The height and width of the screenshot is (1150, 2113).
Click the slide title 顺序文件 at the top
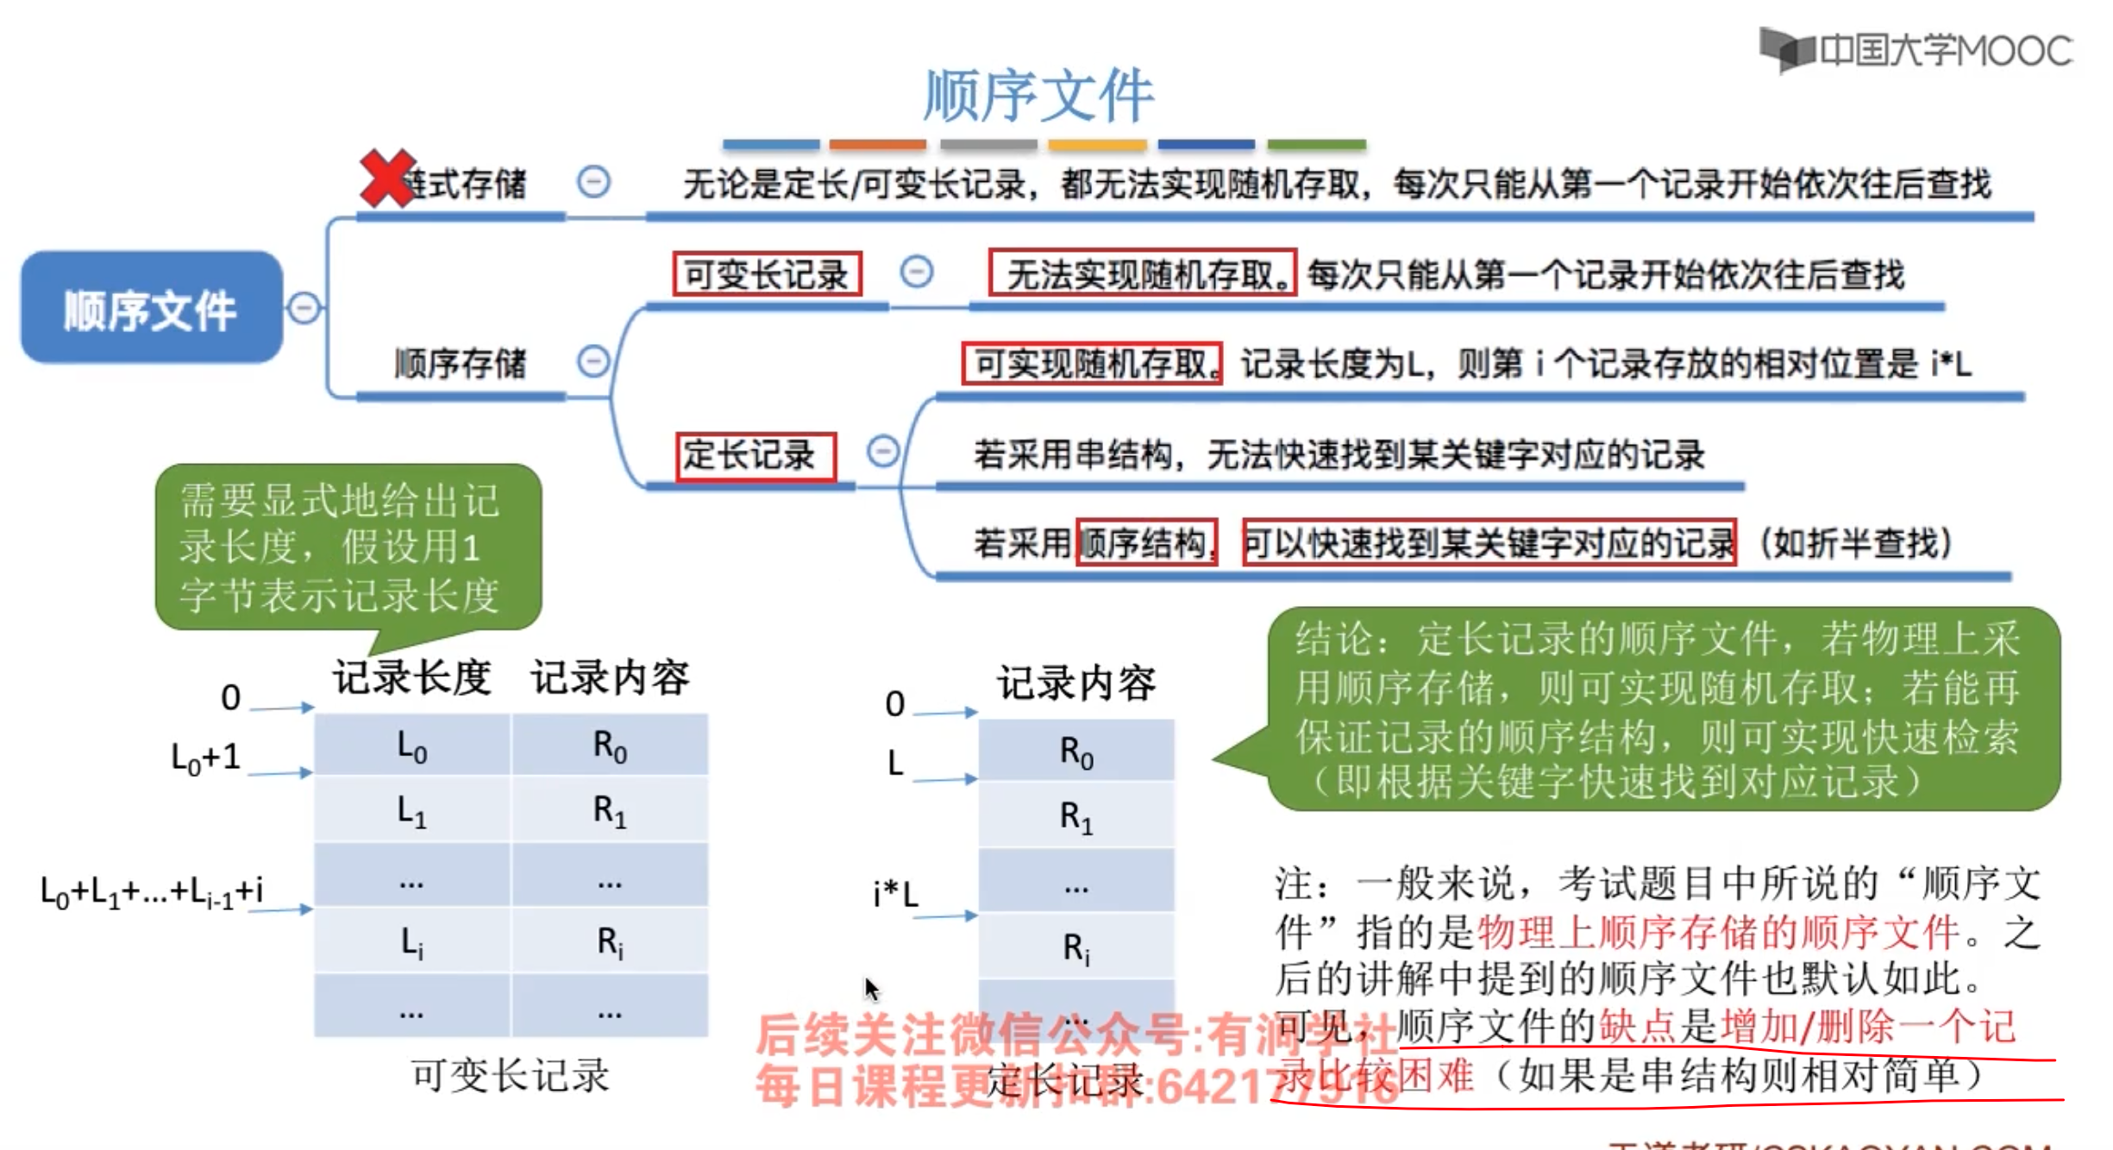tap(1038, 95)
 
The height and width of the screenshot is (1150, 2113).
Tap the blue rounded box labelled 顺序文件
tap(152, 309)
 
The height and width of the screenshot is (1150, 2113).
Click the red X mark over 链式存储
tap(386, 178)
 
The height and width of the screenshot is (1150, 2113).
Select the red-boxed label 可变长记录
tap(767, 274)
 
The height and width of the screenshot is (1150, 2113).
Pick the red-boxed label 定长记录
tap(756, 455)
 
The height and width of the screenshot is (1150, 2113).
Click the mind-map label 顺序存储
tap(460, 363)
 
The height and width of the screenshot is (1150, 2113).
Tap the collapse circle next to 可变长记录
tap(916, 272)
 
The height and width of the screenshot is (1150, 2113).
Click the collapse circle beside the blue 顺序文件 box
tap(304, 308)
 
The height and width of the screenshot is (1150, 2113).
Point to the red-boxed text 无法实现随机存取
tap(1142, 274)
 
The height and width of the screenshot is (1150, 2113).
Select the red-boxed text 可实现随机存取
tap(1092, 364)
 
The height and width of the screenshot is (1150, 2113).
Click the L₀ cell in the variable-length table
tap(412, 746)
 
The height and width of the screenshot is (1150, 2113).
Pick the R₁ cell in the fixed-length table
tap(1076, 816)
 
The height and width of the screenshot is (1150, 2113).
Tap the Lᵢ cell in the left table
tap(412, 942)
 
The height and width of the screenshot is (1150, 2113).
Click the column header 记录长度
tap(412, 678)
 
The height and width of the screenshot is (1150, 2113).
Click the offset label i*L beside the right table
tap(895, 893)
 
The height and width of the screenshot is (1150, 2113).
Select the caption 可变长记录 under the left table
tap(511, 1076)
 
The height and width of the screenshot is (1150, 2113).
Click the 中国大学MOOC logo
tap(1916, 50)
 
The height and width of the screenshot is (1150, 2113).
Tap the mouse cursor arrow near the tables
tap(871, 988)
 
